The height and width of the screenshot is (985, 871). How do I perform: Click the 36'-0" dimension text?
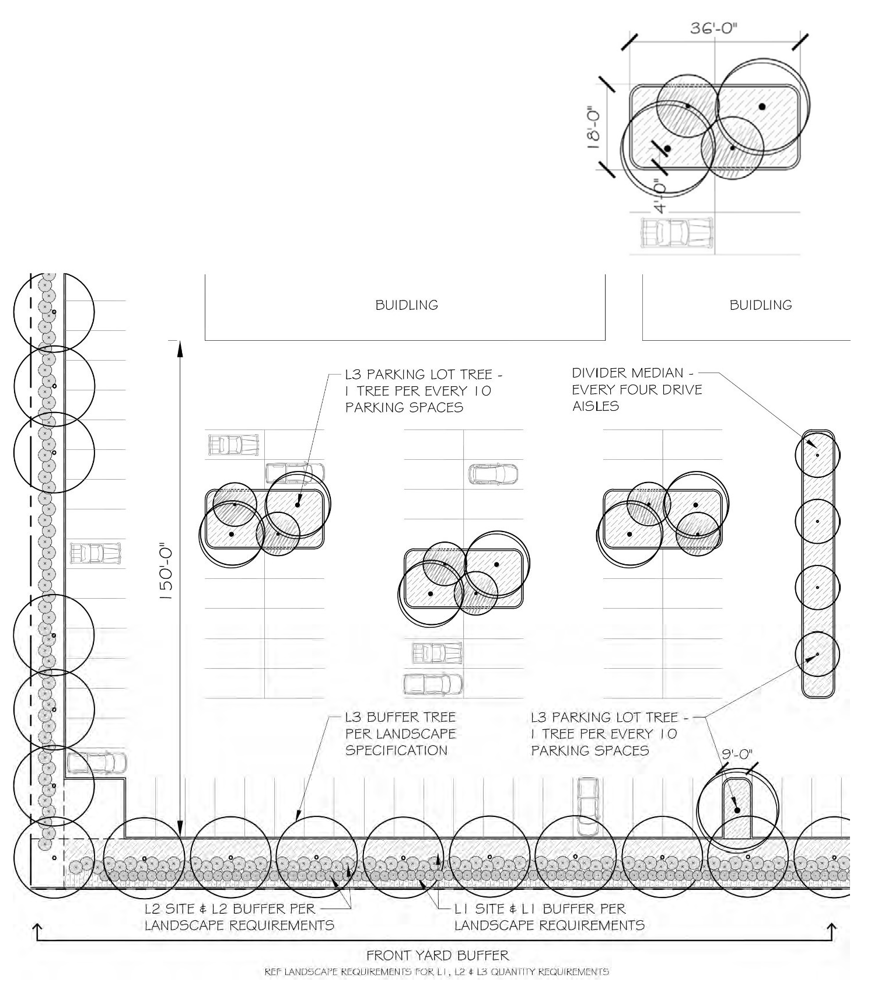(x=714, y=29)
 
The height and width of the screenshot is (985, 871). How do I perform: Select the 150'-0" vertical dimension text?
(x=167, y=574)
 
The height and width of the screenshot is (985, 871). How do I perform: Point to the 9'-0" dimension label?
(x=737, y=755)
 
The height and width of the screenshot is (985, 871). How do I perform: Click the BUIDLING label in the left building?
(x=407, y=305)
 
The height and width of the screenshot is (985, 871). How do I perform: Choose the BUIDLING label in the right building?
(x=761, y=305)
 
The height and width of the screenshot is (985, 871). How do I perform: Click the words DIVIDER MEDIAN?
(x=627, y=373)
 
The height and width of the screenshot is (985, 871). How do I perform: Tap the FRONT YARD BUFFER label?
(x=438, y=955)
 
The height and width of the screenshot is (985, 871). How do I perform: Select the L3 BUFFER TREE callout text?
(x=400, y=717)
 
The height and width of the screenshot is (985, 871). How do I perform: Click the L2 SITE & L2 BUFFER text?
(x=230, y=909)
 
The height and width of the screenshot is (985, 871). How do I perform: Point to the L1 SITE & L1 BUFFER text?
(x=540, y=909)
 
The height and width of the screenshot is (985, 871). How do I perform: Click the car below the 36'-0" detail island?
(x=677, y=232)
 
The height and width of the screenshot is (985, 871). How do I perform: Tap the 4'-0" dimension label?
(x=660, y=196)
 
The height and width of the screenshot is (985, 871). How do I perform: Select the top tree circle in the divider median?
(x=817, y=455)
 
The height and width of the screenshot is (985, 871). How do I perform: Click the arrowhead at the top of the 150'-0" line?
(x=180, y=347)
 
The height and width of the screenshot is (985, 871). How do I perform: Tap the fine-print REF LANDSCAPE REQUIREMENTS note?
(x=436, y=972)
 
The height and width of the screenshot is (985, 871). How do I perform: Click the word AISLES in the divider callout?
(x=596, y=406)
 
